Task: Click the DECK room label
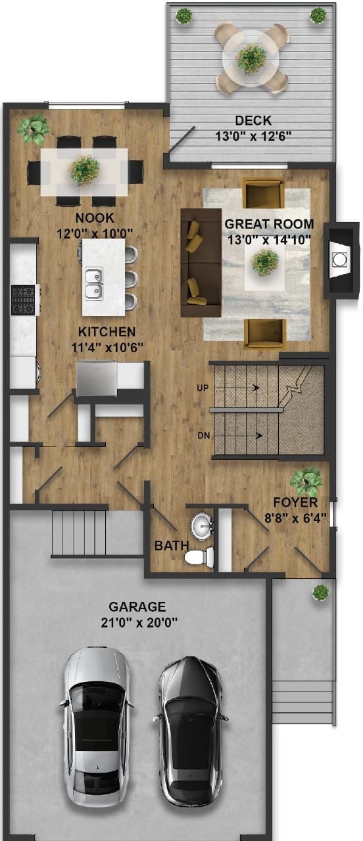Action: [253, 120]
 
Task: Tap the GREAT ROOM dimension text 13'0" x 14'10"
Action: [269, 240]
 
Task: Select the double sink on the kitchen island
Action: [94, 283]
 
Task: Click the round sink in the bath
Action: [202, 526]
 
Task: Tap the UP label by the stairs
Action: [203, 388]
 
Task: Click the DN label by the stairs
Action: [203, 436]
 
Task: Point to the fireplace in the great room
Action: [341, 260]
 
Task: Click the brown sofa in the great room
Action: [201, 262]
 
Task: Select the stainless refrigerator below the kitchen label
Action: [97, 378]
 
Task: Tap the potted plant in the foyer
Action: [306, 481]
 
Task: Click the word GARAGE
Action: [137, 606]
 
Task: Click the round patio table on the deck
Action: [251, 58]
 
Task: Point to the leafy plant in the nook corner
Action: [33, 129]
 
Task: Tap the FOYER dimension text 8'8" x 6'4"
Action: [295, 518]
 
